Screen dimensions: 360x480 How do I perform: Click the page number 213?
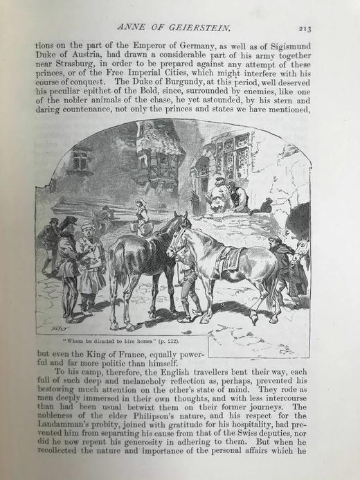tap(305, 29)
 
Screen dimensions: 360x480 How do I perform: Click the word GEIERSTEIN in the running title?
tap(197, 28)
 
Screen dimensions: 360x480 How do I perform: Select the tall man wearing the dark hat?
tap(68, 263)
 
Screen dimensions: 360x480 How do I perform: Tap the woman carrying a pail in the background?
tap(143, 216)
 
